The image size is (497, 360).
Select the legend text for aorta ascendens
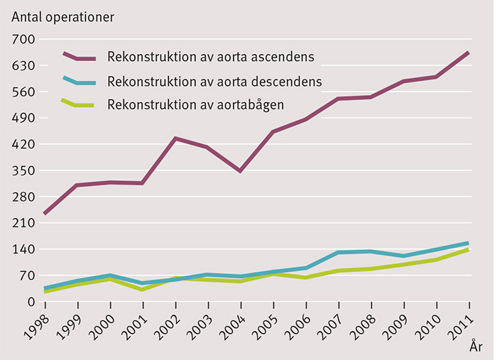[211, 56]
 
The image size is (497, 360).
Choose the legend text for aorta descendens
[214, 80]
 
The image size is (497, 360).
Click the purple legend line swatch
[80, 57]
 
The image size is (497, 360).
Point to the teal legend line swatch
[80, 82]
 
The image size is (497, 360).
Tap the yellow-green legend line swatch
[80, 105]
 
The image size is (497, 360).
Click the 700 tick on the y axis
[23, 40]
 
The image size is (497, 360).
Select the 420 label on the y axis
[23, 145]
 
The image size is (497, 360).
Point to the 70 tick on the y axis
[26, 276]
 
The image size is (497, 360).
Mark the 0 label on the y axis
[31, 302]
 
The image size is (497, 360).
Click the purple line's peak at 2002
[175, 138]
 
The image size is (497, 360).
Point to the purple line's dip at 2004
[241, 171]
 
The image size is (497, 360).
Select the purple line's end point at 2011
[469, 53]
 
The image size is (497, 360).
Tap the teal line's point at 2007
[338, 252]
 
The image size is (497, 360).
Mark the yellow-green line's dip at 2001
[143, 290]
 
